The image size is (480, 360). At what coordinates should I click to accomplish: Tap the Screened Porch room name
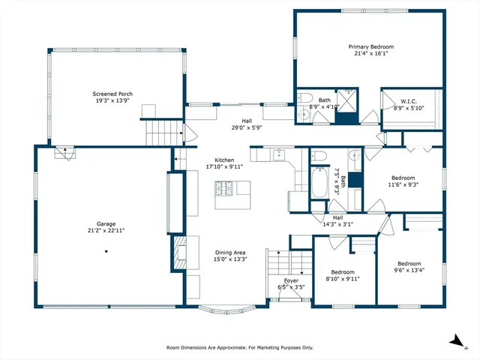(113, 94)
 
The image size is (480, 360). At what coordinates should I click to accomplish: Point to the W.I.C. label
(408, 101)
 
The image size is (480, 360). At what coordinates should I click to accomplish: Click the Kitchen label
(225, 160)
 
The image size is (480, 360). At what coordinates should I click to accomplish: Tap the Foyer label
(292, 280)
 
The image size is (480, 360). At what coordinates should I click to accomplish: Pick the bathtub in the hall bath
(319, 181)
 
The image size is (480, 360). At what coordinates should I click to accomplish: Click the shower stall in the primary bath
(346, 99)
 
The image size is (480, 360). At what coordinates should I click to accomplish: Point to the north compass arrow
(455, 340)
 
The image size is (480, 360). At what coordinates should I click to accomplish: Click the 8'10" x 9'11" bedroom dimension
(343, 279)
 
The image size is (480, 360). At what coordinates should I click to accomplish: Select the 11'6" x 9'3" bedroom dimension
(402, 184)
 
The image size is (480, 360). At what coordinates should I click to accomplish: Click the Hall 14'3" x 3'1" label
(337, 223)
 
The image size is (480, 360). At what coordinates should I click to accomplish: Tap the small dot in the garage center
(106, 251)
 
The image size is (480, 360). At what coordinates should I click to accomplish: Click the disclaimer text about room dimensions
(240, 347)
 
